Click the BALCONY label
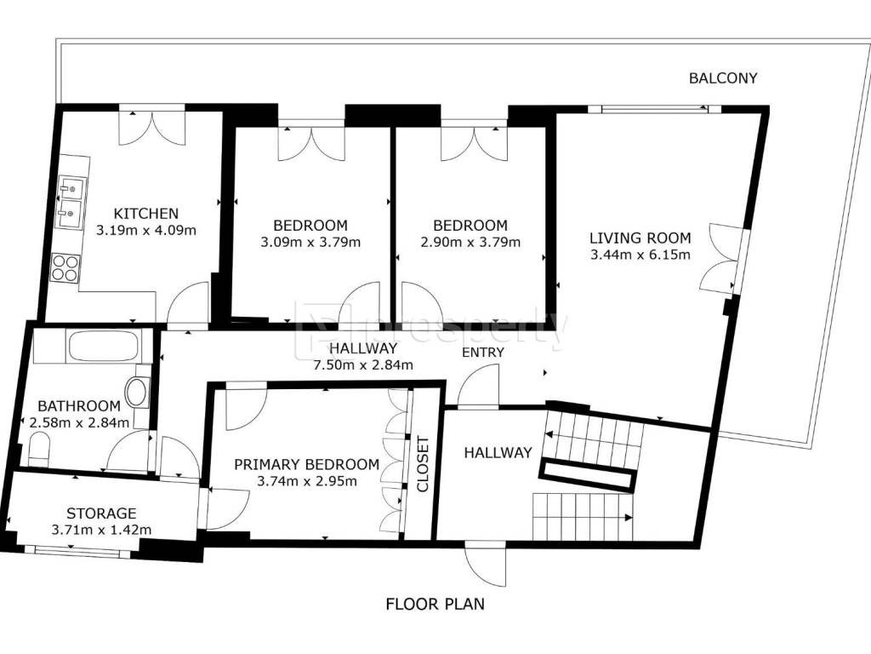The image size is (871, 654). [723, 77]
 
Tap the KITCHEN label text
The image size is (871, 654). [146, 214]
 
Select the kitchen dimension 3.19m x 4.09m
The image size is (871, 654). [146, 230]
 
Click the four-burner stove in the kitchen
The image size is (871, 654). [65, 267]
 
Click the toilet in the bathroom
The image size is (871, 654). [39, 450]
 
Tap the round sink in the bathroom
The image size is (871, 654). [137, 392]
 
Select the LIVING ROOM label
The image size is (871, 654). [640, 238]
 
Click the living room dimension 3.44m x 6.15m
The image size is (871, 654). [640, 255]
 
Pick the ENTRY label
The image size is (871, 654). [483, 352]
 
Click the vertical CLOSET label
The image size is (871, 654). [424, 464]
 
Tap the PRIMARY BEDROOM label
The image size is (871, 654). [306, 464]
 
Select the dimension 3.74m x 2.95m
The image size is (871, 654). [306, 481]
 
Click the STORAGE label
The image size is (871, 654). [101, 513]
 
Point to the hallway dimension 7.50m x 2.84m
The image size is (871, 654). [363, 364]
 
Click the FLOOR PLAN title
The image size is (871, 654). [435, 604]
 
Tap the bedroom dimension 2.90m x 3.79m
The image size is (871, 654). [470, 242]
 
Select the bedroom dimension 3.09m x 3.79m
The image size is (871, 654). [310, 242]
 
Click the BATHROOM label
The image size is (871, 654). [79, 406]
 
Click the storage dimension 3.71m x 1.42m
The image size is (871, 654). [101, 530]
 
